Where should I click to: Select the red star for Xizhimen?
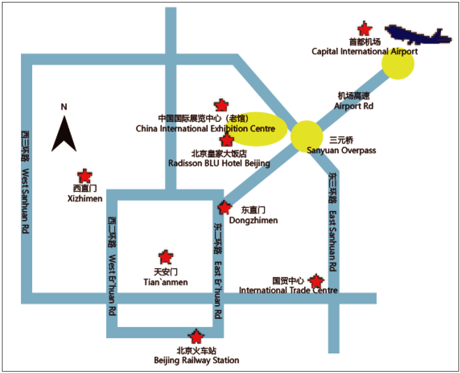tap(85, 176)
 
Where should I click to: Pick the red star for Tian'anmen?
tap(166, 257)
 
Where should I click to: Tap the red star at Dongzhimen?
tap(224, 208)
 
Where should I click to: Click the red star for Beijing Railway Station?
tap(196, 336)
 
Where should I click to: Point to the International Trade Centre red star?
tap(317, 281)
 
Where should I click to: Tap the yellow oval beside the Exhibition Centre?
tap(261, 129)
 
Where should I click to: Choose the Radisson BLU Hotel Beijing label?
tap(219, 163)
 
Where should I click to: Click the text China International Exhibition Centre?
tap(205, 129)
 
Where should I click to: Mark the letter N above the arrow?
tap(63, 107)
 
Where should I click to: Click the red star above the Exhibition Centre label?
tap(221, 105)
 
